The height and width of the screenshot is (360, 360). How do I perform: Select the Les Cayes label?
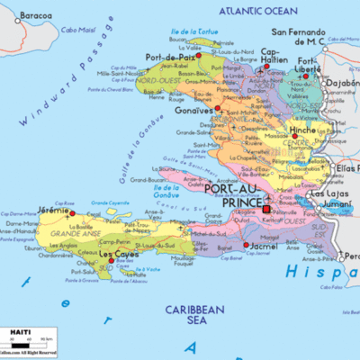point(117,255)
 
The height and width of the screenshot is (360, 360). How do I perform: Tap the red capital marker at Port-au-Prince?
point(265,210)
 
